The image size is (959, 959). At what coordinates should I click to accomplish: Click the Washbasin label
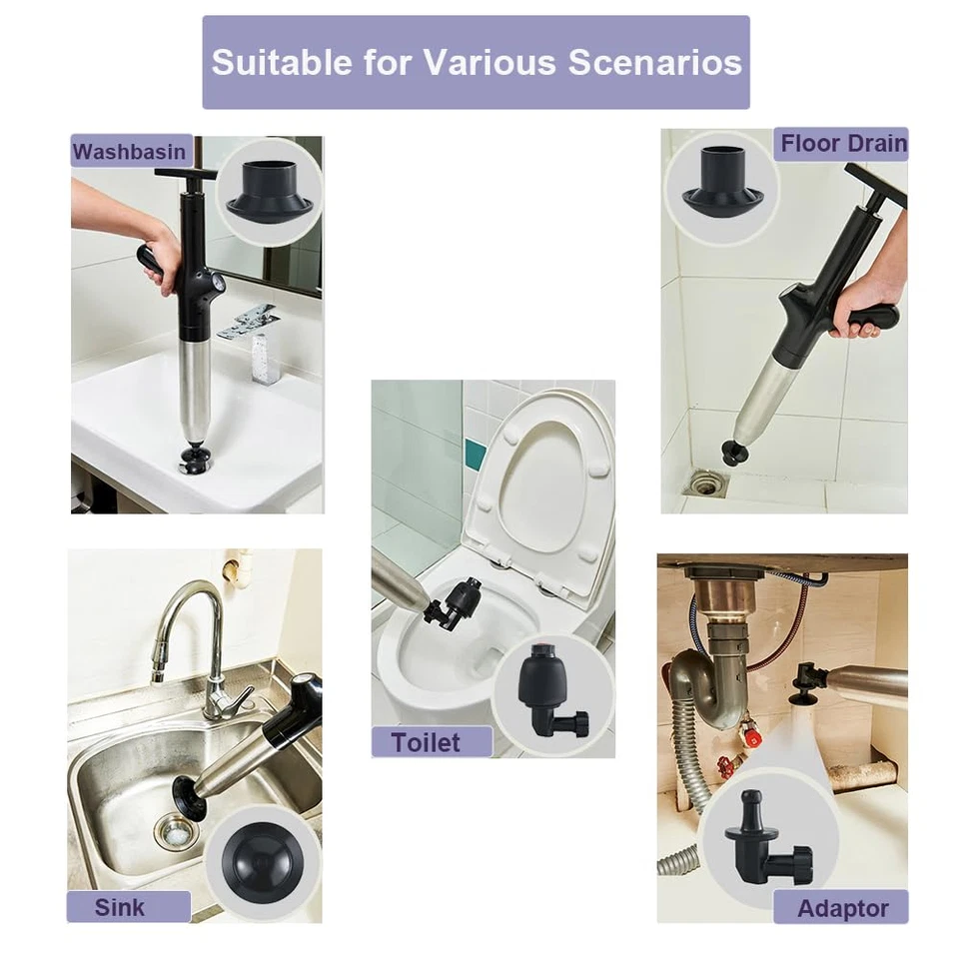(x=130, y=152)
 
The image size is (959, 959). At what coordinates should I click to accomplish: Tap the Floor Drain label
(x=843, y=143)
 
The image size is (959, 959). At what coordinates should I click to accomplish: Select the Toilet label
(x=427, y=742)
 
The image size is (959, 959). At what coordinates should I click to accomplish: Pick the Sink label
(x=120, y=907)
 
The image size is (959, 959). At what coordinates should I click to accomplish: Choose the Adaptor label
(x=842, y=908)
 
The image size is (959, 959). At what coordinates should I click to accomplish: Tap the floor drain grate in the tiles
(x=705, y=483)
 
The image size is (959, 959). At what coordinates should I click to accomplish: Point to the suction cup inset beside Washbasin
(x=268, y=189)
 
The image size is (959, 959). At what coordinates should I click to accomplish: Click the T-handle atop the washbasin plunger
(x=185, y=176)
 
